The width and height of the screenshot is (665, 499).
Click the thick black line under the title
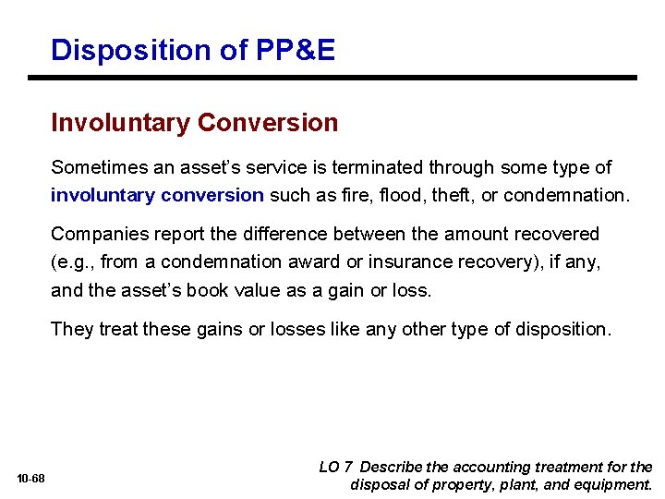(332, 78)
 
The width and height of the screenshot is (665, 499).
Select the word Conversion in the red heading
(268, 122)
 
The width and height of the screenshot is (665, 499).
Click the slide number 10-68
(30, 479)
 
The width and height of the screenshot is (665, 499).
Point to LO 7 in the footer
(335, 468)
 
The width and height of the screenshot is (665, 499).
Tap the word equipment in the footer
(612, 485)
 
